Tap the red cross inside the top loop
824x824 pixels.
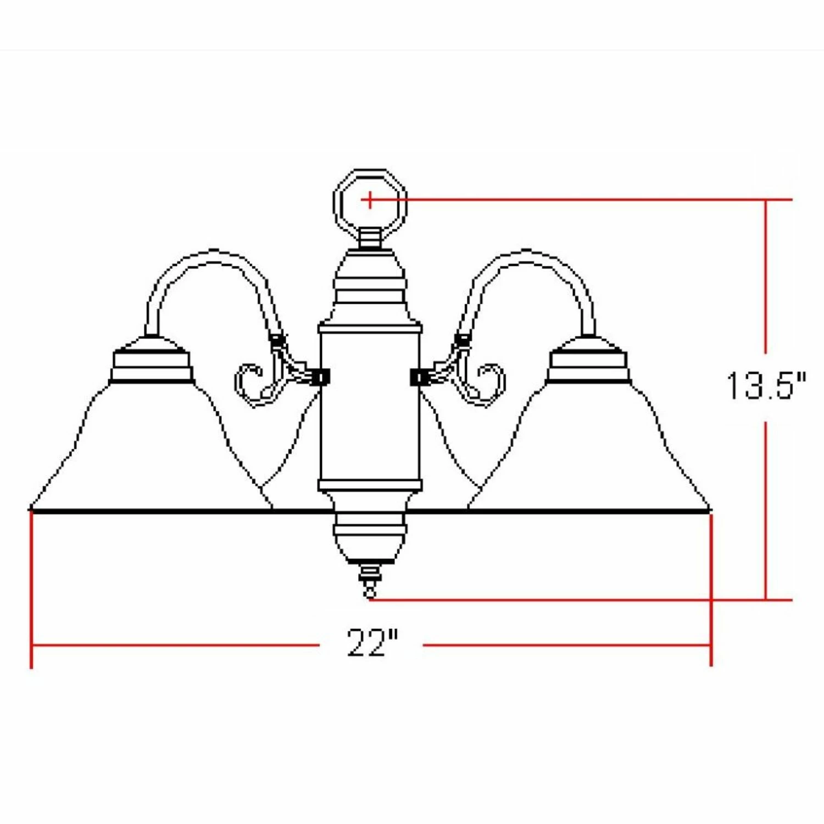370,200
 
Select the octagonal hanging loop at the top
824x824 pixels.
335,201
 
